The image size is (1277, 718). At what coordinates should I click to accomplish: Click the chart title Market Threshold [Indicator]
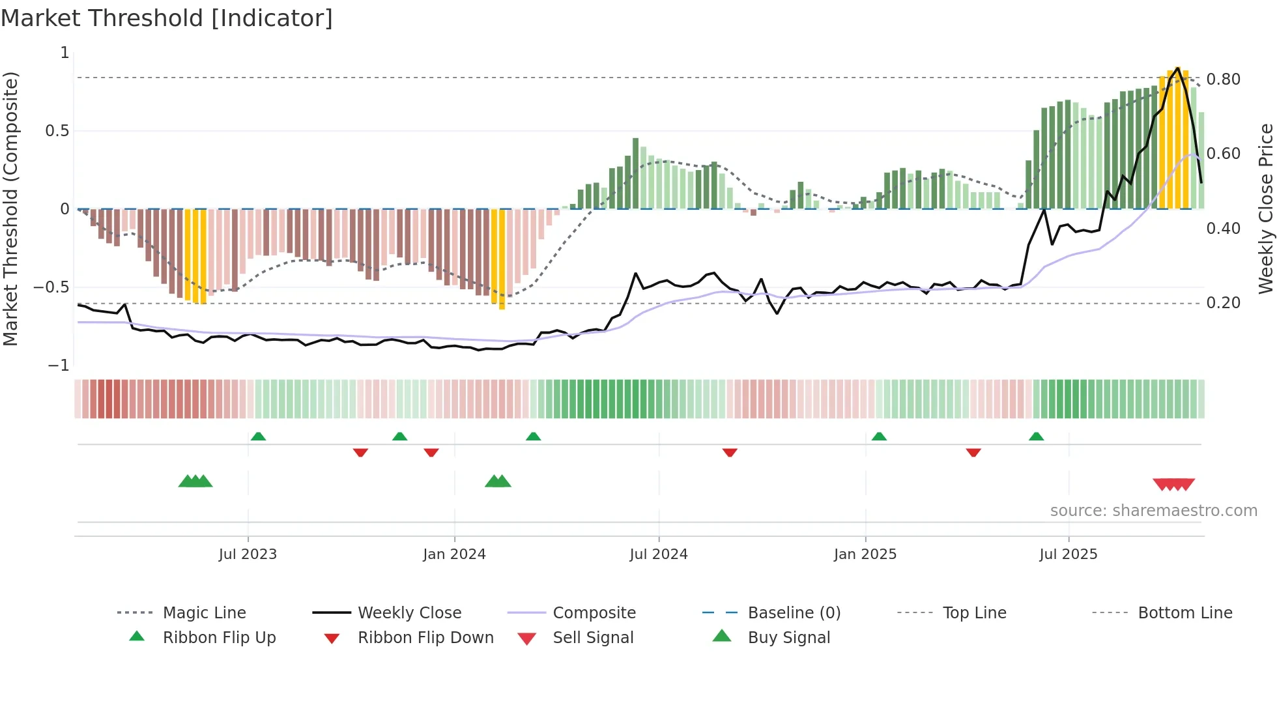point(167,18)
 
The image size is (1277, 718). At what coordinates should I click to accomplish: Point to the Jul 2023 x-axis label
point(248,554)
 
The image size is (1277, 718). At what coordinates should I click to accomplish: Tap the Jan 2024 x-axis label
point(454,554)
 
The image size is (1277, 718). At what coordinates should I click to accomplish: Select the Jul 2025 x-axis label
point(1068,554)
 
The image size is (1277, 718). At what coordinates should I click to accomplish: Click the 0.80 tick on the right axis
point(1223,79)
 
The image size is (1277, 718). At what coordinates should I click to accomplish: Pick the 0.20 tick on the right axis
point(1223,303)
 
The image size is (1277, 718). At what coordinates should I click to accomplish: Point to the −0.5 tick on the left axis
point(51,287)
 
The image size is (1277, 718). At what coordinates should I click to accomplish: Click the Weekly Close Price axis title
point(1265,208)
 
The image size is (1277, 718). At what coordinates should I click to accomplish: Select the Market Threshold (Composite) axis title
point(10,208)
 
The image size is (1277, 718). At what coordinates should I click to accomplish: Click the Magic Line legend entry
point(204,613)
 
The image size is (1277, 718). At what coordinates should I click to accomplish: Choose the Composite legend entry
point(594,613)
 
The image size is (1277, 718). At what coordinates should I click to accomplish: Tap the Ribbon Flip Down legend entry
point(425,638)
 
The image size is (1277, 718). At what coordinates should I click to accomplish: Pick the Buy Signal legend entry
point(788,638)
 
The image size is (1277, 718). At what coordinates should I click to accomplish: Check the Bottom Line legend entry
point(1184,613)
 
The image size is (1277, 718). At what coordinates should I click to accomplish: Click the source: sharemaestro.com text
point(1153,511)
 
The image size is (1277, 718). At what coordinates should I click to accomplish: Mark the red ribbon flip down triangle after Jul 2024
point(730,452)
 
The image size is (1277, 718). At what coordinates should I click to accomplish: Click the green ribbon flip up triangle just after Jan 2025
point(879,437)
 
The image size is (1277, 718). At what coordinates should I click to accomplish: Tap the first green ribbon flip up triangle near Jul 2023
point(258,437)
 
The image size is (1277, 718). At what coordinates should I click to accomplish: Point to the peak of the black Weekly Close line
point(1178,68)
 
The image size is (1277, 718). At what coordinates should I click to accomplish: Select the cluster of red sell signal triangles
point(1173,484)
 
